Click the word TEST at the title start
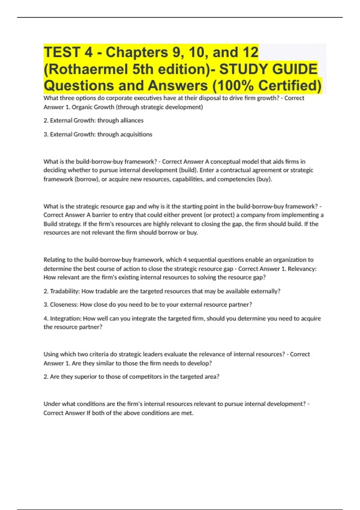pyautogui.click(x=61, y=52)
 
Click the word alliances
pyautogui.click(x=132, y=121)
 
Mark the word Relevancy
pyautogui.click(x=302, y=269)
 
